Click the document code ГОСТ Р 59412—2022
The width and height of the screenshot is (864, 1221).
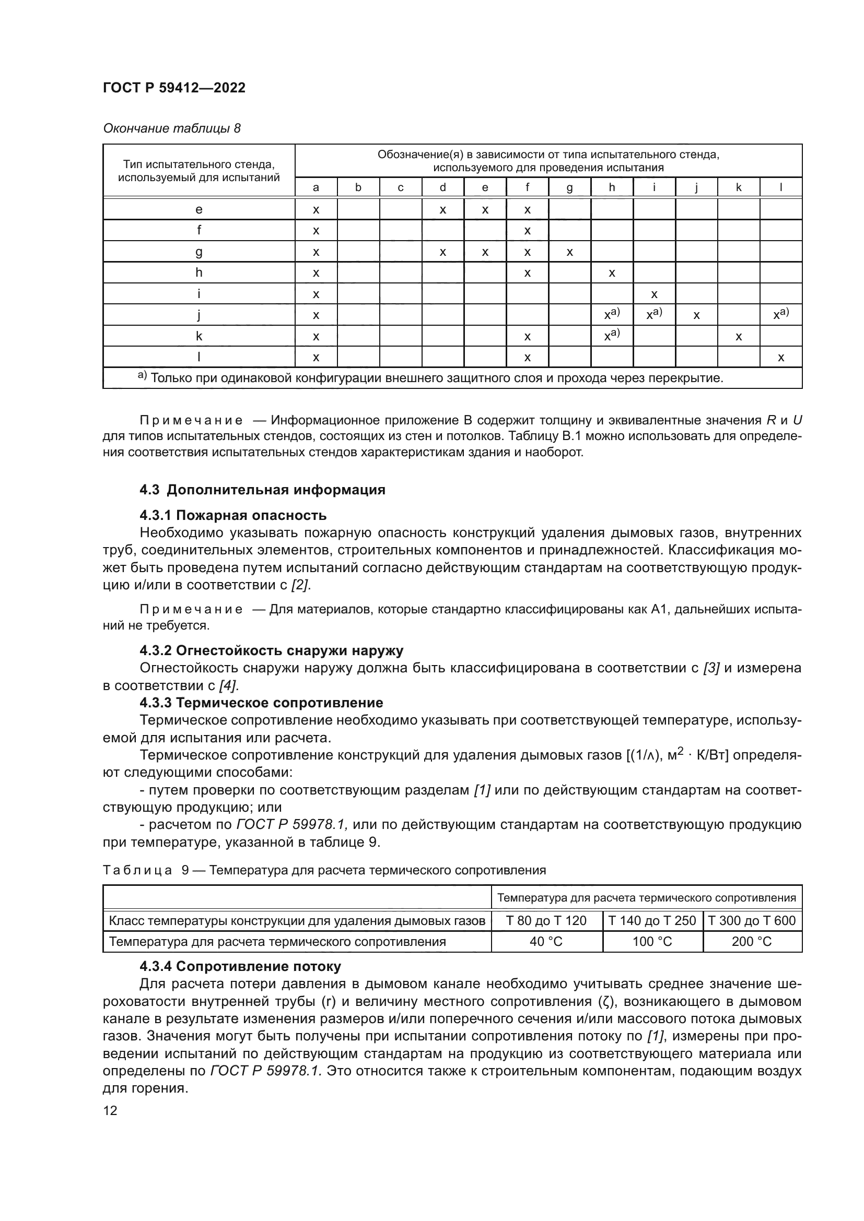[x=174, y=88]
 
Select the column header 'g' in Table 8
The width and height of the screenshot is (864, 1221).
[x=569, y=187]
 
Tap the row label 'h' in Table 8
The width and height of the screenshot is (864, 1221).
[x=199, y=273]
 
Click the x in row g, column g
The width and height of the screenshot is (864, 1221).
[x=569, y=252]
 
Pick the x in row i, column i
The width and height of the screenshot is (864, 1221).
[x=654, y=294]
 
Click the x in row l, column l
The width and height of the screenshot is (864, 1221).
[x=780, y=358]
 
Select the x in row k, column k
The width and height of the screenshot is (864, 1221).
[x=739, y=337]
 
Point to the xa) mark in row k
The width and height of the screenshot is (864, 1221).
[x=612, y=336]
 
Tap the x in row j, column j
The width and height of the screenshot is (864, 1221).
[x=696, y=315]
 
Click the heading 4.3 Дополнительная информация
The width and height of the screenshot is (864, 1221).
[x=262, y=490]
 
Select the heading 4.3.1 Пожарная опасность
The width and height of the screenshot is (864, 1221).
[x=233, y=515]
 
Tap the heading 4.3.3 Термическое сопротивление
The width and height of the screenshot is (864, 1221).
[x=261, y=703]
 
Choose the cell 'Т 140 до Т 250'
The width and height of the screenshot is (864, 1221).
[x=652, y=920]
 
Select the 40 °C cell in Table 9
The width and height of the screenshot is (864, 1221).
[x=546, y=942]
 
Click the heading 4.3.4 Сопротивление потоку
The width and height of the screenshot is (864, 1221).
[x=240, y=966]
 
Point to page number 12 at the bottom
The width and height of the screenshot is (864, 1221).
[x=110, y=1110]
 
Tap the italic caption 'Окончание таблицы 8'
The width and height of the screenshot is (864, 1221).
[x=171, y=128]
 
